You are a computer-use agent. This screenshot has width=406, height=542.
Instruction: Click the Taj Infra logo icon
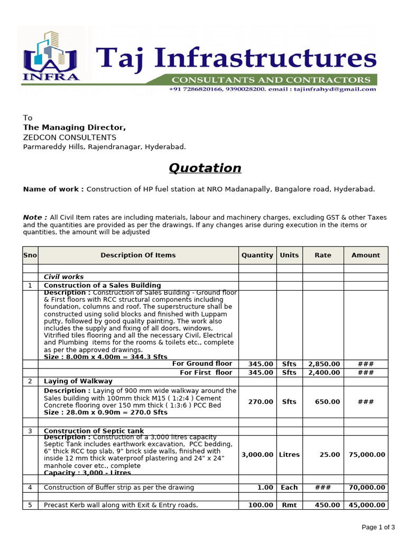point(50,56)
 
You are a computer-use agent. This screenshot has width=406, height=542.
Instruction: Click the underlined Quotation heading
point(205,168)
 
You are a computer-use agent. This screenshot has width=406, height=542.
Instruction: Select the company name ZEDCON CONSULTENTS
point(69,138)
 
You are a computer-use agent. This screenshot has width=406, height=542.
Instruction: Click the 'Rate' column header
point(323,255)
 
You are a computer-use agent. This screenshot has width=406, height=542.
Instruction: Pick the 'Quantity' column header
point(257,255)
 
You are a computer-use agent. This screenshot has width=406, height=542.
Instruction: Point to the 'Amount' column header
point(366,255)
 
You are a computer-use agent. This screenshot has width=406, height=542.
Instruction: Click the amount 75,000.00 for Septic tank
point(367,455)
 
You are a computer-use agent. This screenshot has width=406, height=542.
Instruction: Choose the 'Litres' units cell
point(289,455)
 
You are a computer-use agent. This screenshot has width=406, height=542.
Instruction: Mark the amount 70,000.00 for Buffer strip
point(367,487)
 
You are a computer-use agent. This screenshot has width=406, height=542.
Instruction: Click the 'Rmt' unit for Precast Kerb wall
point(289,505)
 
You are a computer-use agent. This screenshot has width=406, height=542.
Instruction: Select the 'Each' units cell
point(289,487)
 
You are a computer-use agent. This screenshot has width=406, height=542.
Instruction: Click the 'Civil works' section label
point(63,277)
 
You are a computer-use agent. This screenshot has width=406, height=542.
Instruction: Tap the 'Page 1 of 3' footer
point(379,527)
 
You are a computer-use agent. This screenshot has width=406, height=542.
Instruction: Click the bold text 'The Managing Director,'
point(75,128)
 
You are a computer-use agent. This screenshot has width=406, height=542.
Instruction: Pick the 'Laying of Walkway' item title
point(78,381)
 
